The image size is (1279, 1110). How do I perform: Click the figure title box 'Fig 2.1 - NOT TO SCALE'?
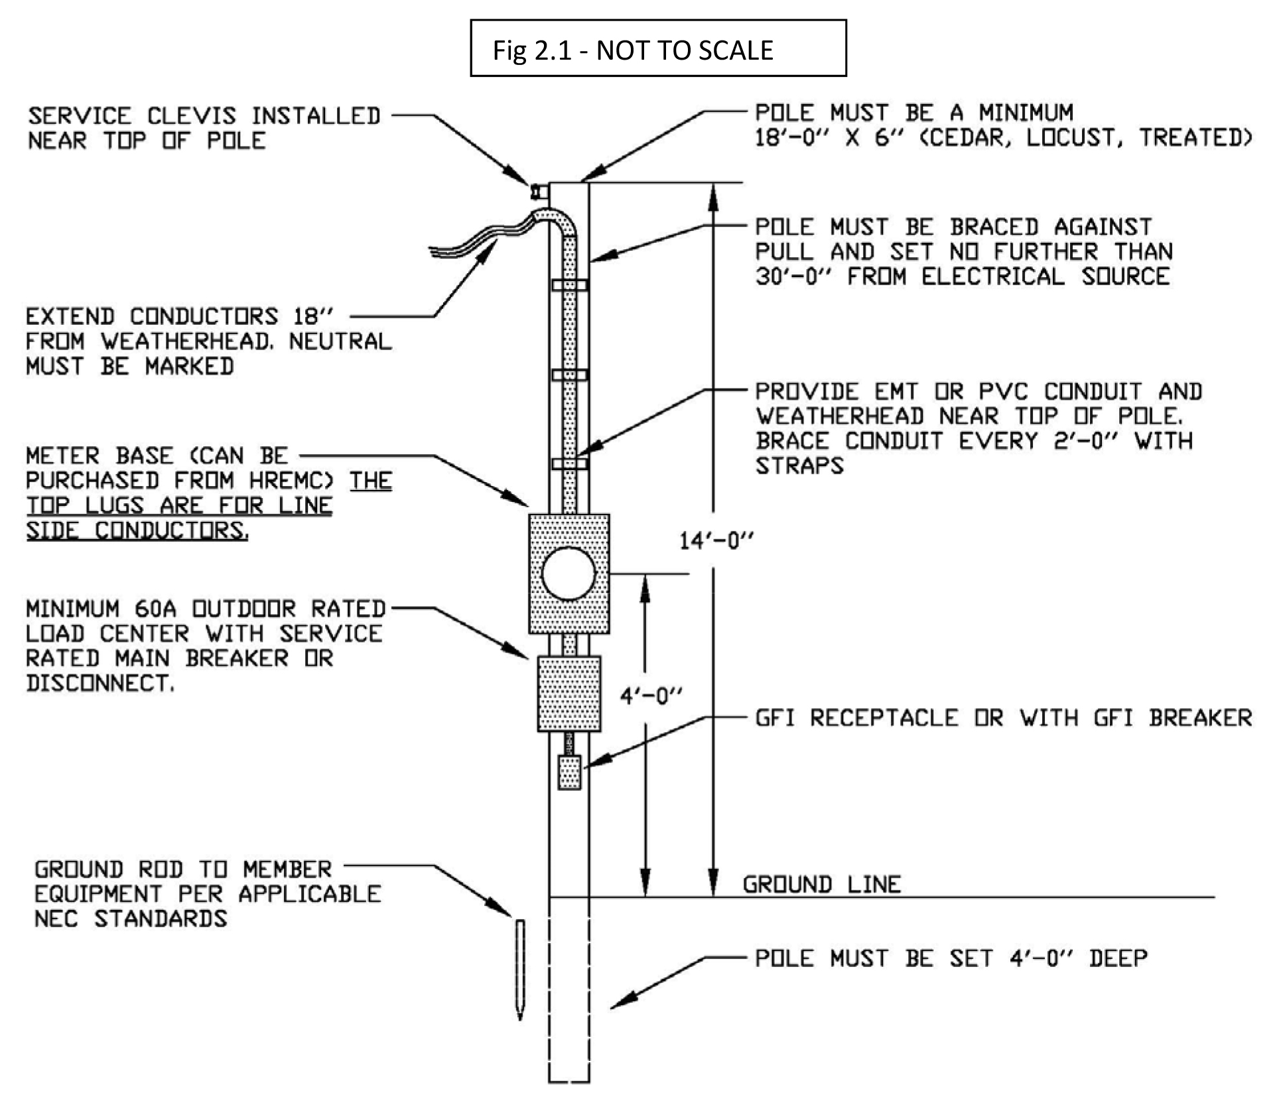coord(658,48)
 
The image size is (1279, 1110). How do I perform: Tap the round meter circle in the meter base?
coord(569,574)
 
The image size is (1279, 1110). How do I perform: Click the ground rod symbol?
coord(520,969)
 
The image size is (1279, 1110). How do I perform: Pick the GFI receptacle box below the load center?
coord(569,772)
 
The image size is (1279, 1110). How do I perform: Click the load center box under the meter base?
coord(569,694)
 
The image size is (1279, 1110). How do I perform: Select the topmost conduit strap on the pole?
coord(569,285)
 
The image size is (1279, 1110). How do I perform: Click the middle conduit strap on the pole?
coord(569,375)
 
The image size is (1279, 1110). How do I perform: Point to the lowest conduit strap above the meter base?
coord(569,463)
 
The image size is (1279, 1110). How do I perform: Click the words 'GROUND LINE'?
coord(822,885)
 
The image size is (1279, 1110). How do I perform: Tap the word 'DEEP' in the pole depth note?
coord(1118,958)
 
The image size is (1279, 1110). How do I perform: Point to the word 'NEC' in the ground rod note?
coord(56,919)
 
